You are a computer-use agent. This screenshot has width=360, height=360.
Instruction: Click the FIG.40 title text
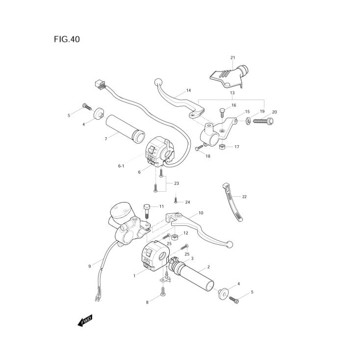click(x=67, y=39)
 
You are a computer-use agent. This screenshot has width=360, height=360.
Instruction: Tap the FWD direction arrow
click(x=85, y=321)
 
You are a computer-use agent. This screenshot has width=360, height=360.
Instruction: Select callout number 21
click(x=232, y=58)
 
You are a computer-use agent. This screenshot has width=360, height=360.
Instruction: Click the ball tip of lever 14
click(x=158, y=82)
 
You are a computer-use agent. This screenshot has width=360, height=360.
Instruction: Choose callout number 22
click(x=258, y=196)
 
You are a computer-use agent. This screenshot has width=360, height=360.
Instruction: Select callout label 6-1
click(x=121, y=166)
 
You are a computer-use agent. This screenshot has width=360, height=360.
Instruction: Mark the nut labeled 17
click(x=222, y=147)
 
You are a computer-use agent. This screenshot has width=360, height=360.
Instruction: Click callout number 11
click(x=161, y=206)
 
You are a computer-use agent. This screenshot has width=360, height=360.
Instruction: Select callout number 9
click(x=89, y=266)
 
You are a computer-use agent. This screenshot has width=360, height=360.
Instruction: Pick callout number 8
click(x=147, y=302)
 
